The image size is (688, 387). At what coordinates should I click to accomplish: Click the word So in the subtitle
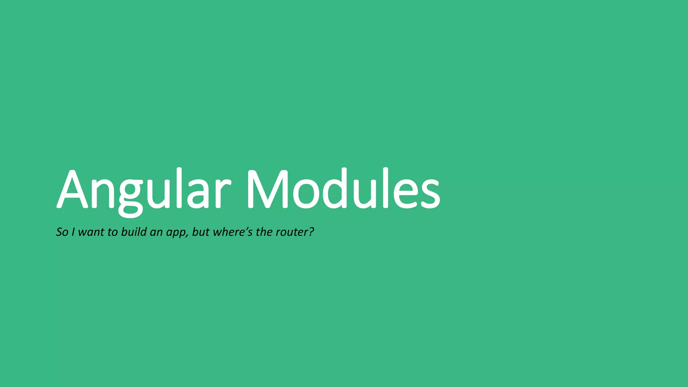tap(62, 232)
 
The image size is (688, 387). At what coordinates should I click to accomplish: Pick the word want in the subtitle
tap(91, 232)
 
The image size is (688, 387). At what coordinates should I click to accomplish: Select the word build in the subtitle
tap(134, 232)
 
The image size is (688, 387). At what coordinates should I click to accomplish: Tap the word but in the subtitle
tap(201, 232)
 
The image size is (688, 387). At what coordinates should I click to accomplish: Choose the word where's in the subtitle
tap(232, 232)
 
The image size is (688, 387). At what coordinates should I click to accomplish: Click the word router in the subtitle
tap(291, 232)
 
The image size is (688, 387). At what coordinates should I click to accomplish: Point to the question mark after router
tap(311, 232)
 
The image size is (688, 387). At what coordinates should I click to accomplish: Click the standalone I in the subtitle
tap(73, 232)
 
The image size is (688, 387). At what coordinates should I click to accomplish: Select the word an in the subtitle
tap(156, 233)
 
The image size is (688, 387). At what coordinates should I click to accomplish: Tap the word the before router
tap(264, 232)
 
